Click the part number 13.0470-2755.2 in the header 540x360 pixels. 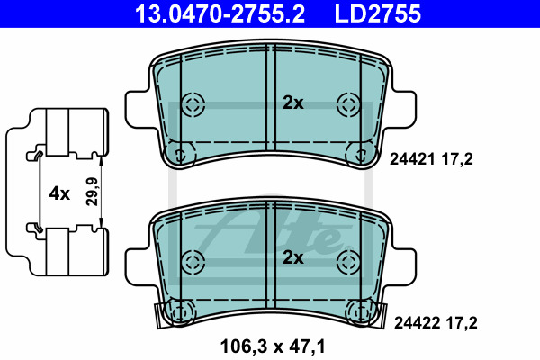tap(220, 13)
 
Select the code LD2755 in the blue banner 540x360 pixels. tap(378, 13)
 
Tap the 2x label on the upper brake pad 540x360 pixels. tap(293, 103)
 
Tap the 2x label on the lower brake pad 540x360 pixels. tap(293, 257)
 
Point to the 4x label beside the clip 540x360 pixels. tap(59, 193)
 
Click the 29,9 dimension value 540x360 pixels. tap(92, 192)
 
